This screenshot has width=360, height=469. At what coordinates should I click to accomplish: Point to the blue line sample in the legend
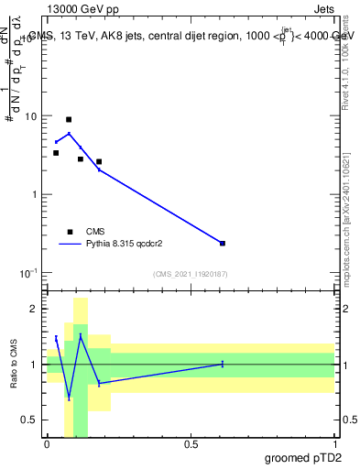[70, 245]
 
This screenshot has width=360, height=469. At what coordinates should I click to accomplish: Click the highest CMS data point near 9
[69, 119]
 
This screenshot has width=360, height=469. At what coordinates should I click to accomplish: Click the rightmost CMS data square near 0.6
[223, 243]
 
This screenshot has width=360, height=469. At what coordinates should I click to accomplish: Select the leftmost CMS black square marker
[56, 153]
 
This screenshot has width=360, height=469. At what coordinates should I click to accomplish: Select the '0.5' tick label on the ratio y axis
[30, 420]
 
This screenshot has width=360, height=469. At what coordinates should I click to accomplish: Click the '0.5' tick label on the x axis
[191, 443]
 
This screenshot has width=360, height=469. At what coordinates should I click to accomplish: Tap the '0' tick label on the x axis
[48, 443]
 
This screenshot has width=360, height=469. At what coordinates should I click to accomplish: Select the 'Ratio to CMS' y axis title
[14, 365]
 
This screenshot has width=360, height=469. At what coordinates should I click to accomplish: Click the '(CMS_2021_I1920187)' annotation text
[190, 274]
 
